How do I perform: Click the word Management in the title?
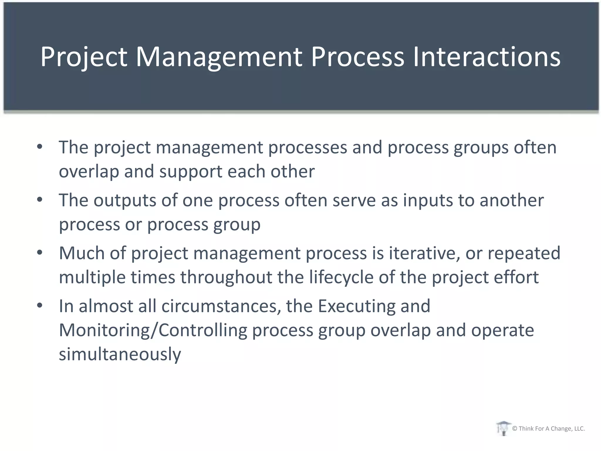point(219,57)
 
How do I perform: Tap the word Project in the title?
point(84,57)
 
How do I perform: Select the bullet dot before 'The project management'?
point(40,147)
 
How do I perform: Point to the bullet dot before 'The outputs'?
point(40,200)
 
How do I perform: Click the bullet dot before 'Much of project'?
point(40,253)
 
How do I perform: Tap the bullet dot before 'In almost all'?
point(40,306)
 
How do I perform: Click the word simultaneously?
point(120,354)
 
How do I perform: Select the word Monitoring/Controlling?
point(153,330)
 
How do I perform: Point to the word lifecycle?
point(341,277)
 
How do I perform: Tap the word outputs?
point(125,200)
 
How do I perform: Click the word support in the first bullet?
point(191,171)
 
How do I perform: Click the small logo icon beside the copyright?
point(503,428)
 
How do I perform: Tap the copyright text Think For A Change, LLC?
point(548,429)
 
